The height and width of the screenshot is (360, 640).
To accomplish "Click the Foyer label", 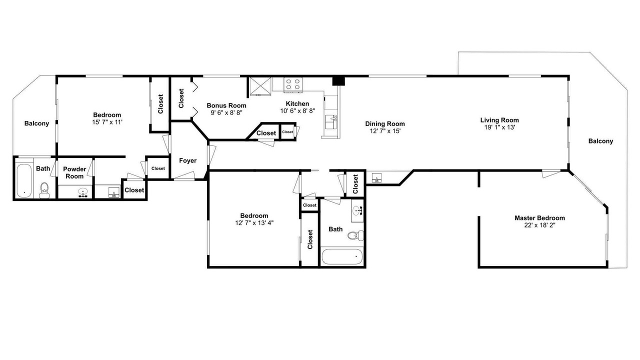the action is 187,160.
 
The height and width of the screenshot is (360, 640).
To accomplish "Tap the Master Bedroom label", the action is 539,218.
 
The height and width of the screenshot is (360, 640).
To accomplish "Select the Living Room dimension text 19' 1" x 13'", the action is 499,127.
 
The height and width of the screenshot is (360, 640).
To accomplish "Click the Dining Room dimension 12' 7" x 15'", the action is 385,131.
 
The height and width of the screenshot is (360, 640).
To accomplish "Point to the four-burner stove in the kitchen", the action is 293,85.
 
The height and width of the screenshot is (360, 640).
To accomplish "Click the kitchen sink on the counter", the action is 331,122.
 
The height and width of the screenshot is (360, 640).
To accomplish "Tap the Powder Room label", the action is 74,173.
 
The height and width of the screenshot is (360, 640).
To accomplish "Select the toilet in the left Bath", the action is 44,190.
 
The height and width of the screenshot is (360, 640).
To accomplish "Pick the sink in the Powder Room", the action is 83,192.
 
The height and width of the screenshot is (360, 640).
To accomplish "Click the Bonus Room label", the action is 226,105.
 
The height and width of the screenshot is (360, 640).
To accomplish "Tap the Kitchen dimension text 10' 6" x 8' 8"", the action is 297,111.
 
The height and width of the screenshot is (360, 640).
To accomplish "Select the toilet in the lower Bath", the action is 355,235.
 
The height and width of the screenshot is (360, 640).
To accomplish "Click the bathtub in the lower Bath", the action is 342,257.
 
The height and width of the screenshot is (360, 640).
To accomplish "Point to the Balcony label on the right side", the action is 600,141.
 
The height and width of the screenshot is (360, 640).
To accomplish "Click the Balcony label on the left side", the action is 36,123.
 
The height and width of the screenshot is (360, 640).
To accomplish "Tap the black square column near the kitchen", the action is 338,81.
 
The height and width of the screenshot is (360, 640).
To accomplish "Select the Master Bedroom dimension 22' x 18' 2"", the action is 539,225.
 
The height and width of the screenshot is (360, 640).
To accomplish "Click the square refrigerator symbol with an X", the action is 260,86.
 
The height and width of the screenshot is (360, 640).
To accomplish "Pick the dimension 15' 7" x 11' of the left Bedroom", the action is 107,122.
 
